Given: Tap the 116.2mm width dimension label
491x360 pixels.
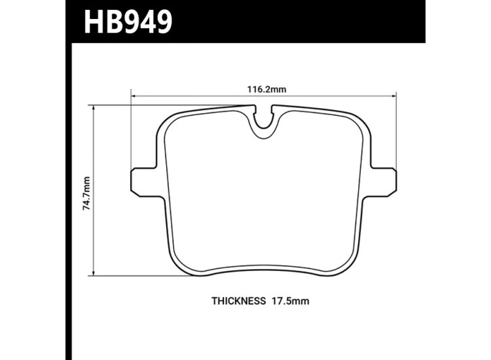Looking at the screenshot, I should [264, 90].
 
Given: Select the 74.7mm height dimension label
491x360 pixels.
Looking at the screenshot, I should [86, 189].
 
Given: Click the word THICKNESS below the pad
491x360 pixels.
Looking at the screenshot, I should [238, 302].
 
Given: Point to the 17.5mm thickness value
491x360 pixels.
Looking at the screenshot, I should [289, 302].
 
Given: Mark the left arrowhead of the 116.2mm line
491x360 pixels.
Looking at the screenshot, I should [135, 98].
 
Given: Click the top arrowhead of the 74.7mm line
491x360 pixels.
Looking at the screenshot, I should [96, 107].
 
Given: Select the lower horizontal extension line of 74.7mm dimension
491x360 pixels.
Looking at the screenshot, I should [131, 276].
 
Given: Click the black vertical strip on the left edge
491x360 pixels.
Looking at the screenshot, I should [68, 196].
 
